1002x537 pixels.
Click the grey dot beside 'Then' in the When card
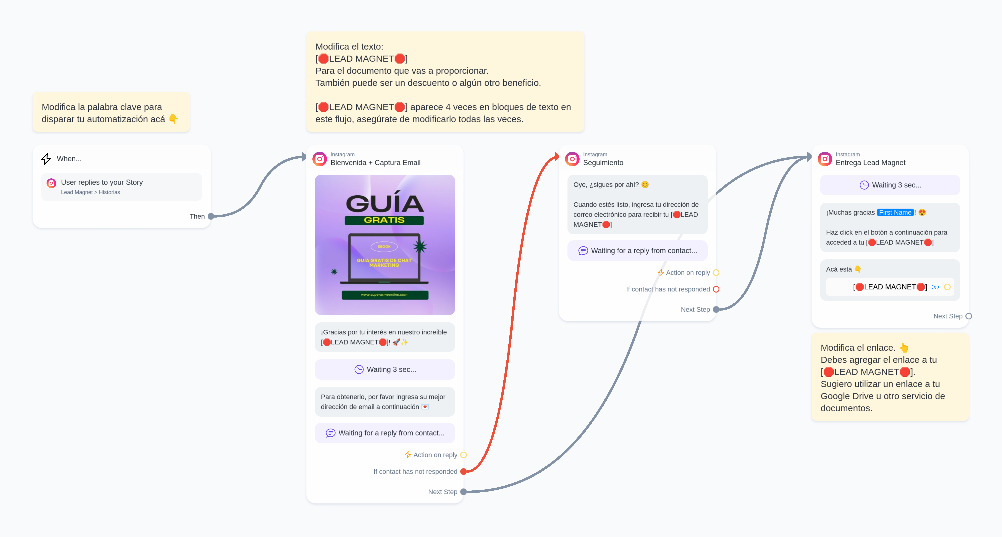[211, 216]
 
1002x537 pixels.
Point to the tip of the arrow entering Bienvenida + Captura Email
[307, 157]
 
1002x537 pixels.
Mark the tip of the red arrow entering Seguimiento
[559, 157]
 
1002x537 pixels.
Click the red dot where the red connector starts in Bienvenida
[463, 472]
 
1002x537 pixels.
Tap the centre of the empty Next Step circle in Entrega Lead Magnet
[969, 316]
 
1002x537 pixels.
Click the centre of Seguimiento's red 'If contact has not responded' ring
[716, 289]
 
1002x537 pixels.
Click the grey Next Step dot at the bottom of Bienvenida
[463, 492]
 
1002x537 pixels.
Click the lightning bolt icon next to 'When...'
[46, 159]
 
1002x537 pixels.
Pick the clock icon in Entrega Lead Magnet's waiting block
[864, 185]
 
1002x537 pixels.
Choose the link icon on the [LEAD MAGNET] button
[935, 287]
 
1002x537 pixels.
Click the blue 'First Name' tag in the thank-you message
[895, 212]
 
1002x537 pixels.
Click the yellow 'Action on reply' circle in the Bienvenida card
[463, 455]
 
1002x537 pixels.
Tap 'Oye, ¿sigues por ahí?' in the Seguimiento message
[606, 185]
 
